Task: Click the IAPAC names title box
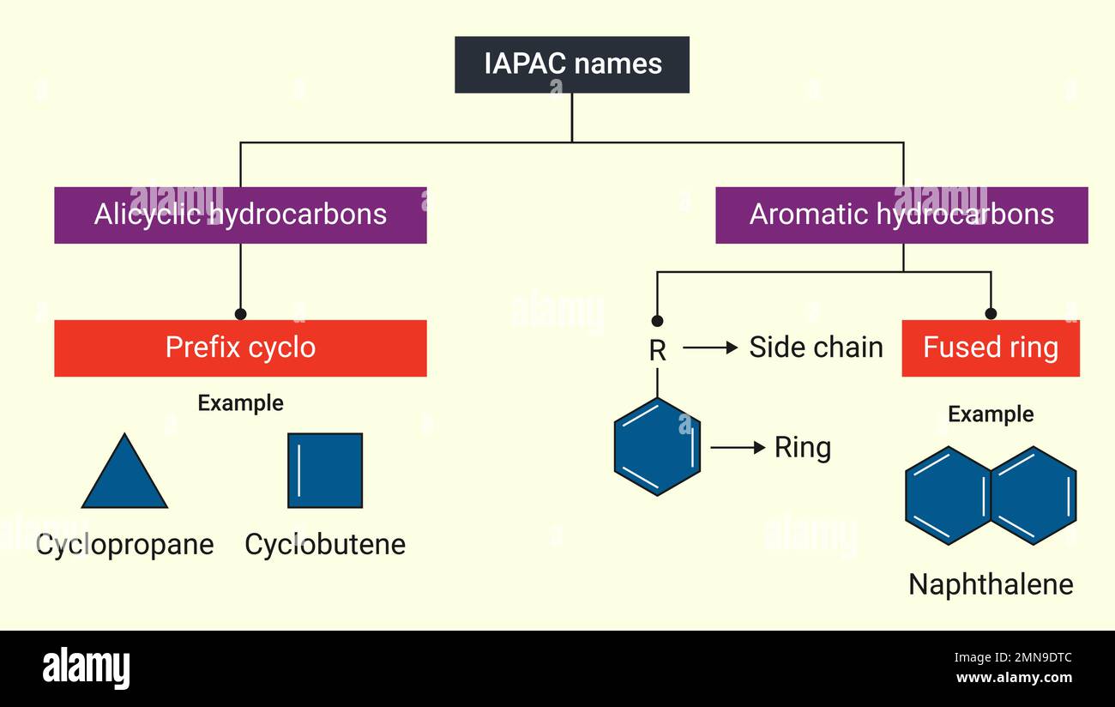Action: tap(572, 64)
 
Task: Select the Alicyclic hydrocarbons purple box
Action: tap(240, 215)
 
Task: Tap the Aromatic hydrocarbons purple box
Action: tap(901, 215)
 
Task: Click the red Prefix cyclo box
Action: tap(240, 347)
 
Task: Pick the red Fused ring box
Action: tap(991, 347)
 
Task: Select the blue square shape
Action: tap(325, 470)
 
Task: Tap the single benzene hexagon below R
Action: tap(657, 447)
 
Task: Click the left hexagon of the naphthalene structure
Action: tap(948, 496)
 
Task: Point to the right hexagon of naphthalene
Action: tap(1034, 496)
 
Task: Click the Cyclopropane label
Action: tap(124, 544)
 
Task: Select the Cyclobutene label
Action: tap(325, 544)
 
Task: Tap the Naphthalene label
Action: tap(991, 584)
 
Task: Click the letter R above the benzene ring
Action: tap(657, 350)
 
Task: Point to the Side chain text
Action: tap(816, 347)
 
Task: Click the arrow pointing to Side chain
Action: tap(710, 347)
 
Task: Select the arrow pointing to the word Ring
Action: tap(738, 447)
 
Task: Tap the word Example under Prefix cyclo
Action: tap(240, 403)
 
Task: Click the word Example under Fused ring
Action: tap(991, 414)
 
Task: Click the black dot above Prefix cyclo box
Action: tap(240, 314)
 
